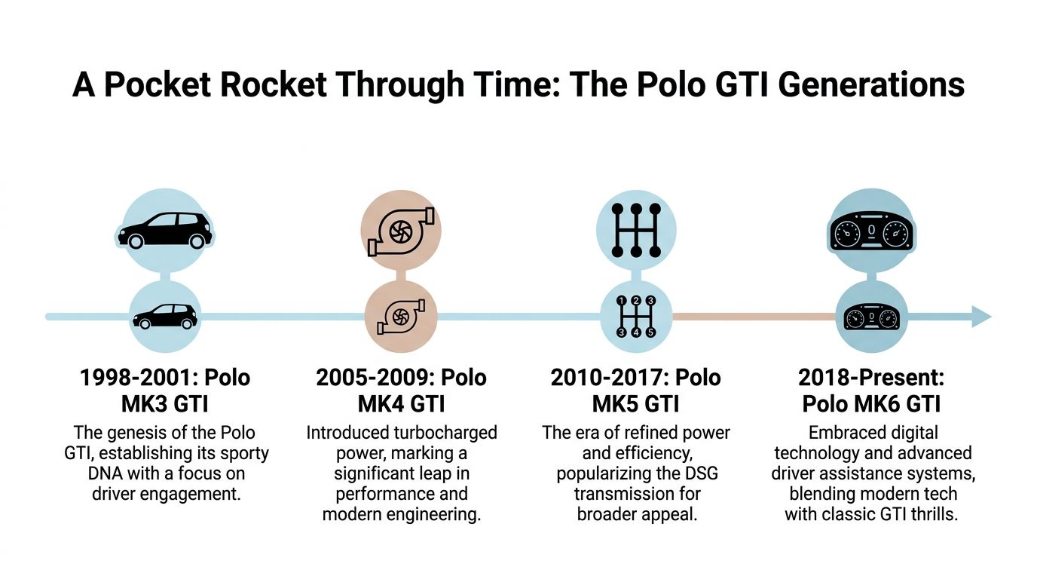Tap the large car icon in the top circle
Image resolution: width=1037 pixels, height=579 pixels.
pos(164,230)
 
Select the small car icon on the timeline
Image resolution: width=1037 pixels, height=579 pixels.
pos(164,317)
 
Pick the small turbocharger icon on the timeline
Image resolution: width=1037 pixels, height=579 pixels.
pos(401,317)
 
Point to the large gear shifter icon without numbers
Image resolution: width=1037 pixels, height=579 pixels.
pos(636,230)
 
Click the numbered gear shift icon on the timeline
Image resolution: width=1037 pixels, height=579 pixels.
pos(636,317)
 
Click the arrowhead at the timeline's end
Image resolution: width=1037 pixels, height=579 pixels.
pos(980,317)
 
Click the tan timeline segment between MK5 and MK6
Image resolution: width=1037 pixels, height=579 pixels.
pos(754,317)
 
